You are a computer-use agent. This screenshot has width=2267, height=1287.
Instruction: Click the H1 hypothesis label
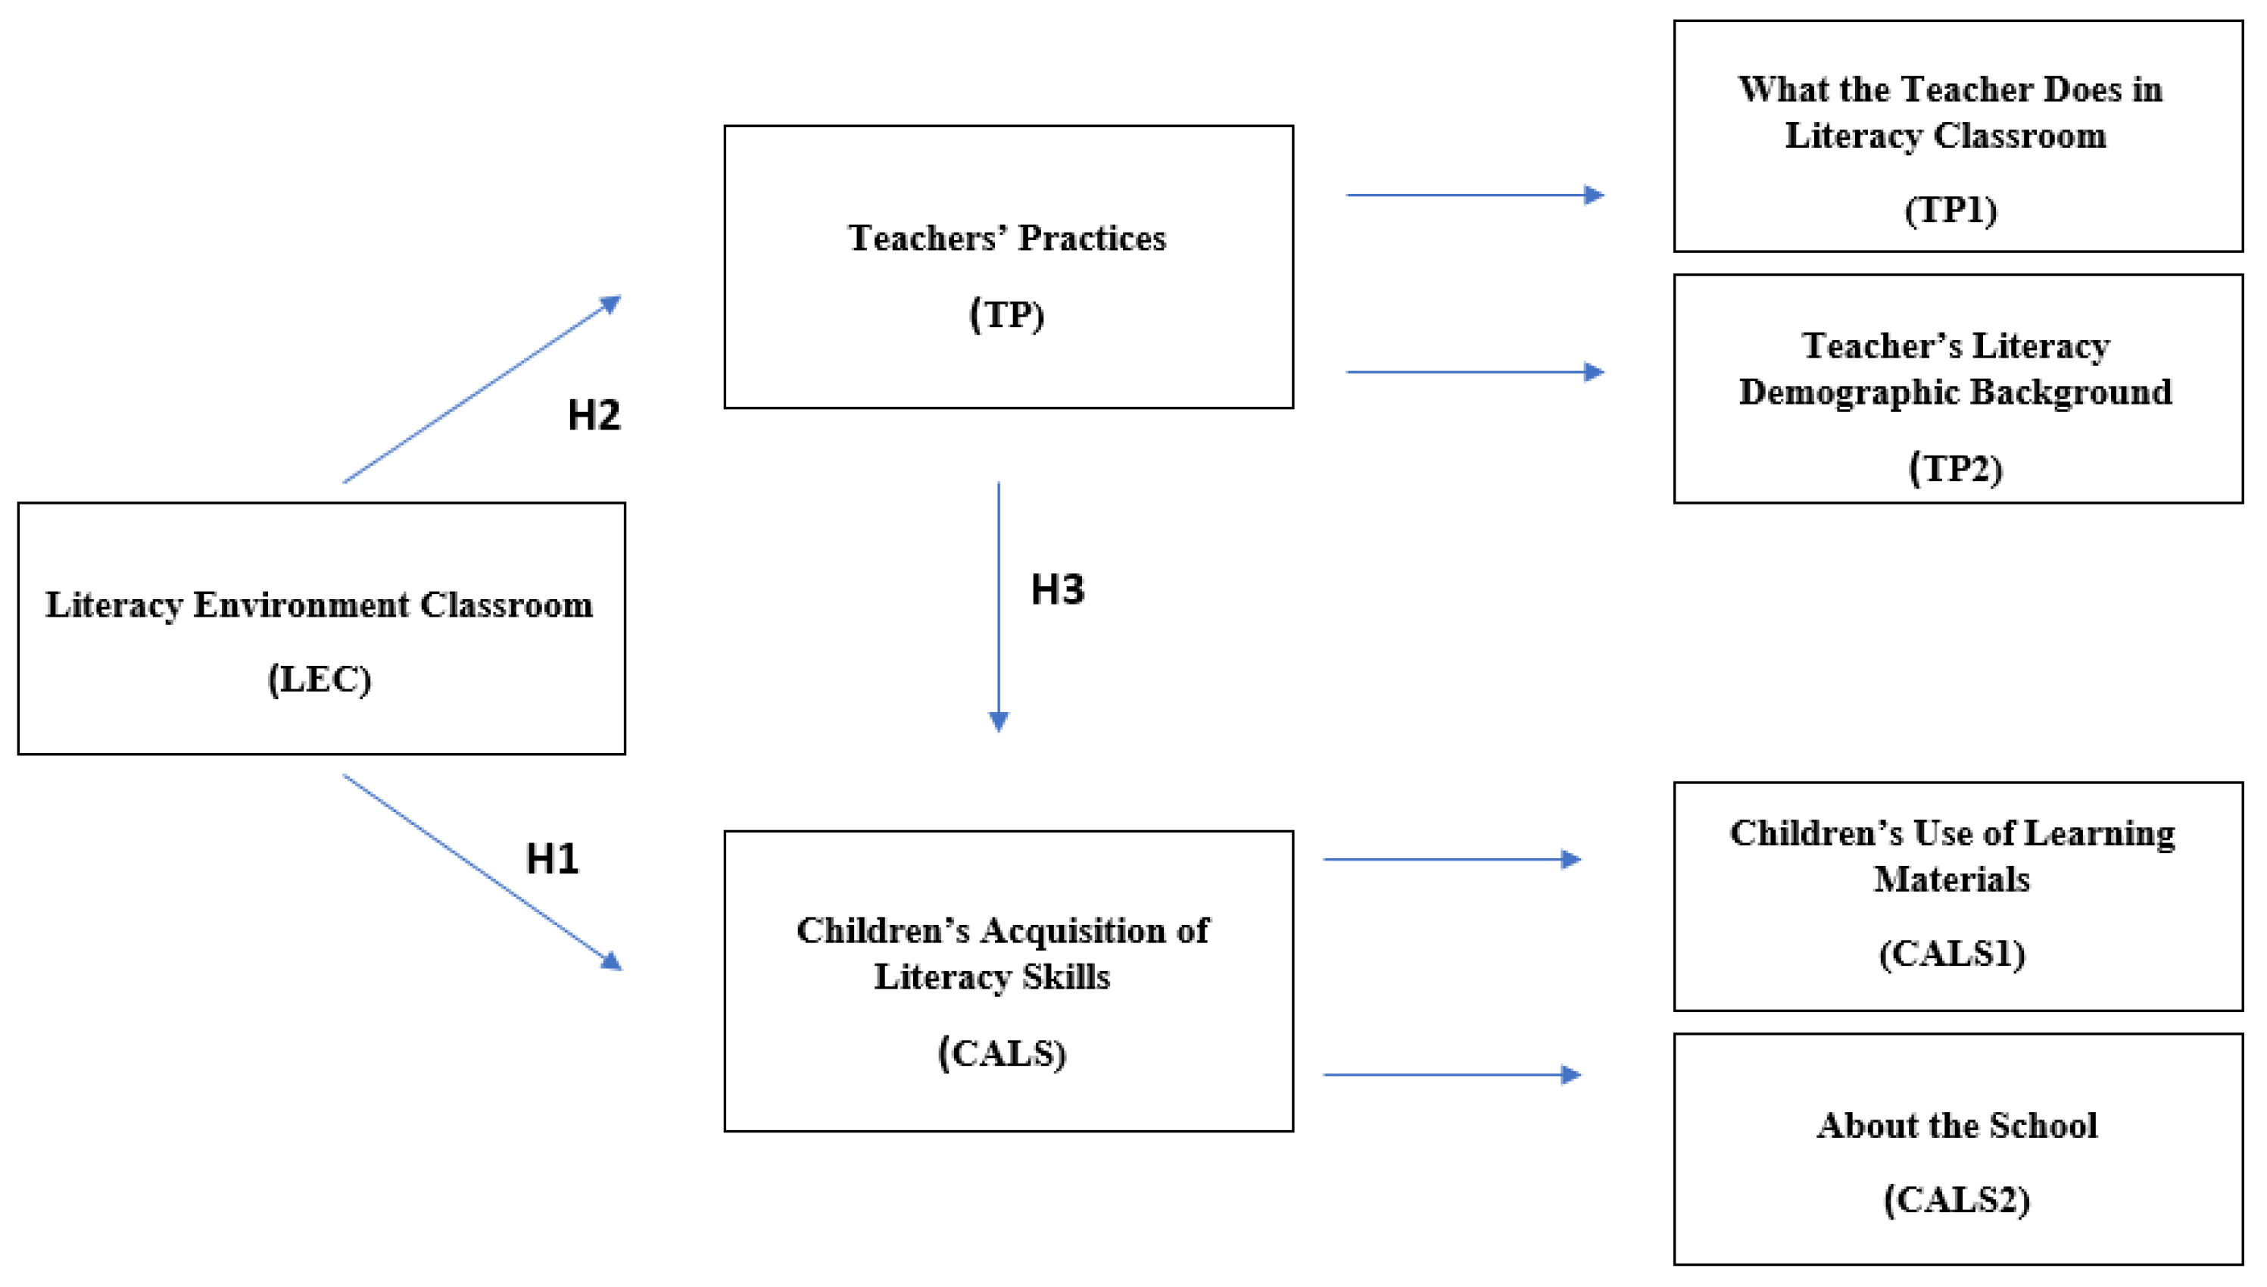552,858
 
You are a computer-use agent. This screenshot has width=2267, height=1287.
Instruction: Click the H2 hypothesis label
594,414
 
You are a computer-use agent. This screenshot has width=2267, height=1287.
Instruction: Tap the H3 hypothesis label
1058,589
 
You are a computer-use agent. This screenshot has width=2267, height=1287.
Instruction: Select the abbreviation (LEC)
320,679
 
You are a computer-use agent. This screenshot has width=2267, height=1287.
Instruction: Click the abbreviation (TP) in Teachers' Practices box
1007,314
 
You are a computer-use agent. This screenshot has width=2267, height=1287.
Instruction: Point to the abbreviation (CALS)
1002,1053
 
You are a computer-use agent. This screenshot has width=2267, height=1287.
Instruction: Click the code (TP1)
1950,210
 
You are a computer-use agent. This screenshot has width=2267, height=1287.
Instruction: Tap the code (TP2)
1955,467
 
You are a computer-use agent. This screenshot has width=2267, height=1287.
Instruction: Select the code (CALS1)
1953,953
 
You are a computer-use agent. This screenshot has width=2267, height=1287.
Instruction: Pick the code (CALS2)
1957,1199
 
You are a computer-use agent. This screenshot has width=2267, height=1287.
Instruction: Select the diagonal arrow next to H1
482,870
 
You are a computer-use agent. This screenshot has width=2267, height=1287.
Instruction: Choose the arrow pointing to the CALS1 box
1451,858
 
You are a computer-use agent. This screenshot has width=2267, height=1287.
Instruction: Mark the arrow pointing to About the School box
1451,1075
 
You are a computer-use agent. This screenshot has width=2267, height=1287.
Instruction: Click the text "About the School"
1957,1125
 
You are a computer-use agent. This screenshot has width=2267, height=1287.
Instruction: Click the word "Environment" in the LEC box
301,605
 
